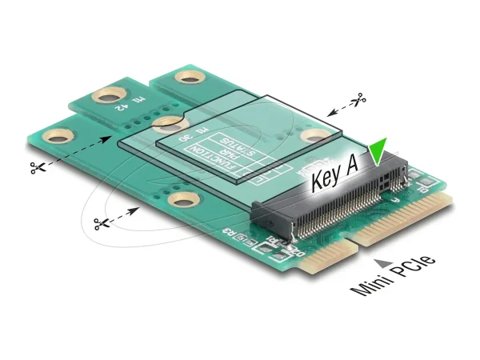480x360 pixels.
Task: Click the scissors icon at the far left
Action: click(36, 168)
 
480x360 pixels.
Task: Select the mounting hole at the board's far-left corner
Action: click(58, 136)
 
